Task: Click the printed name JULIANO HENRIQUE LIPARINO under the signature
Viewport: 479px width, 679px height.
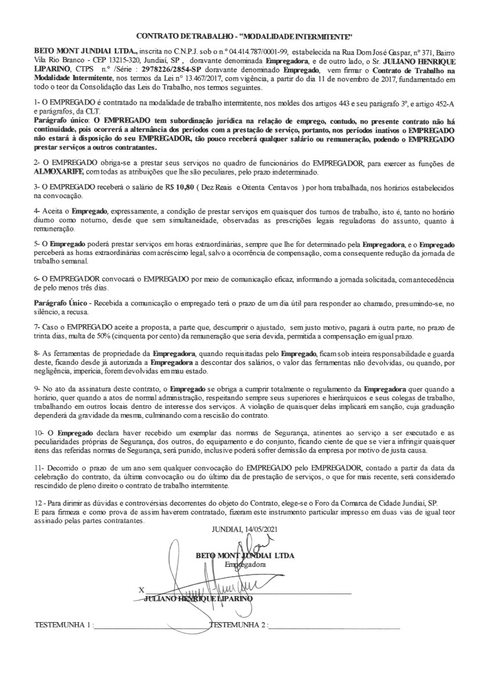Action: [x=198, y=598]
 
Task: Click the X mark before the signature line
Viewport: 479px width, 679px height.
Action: [x=141, y=590]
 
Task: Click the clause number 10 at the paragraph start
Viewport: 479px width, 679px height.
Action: [x=39, y=433]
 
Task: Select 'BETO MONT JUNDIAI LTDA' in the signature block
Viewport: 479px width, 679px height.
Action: [x=245, y=555]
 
